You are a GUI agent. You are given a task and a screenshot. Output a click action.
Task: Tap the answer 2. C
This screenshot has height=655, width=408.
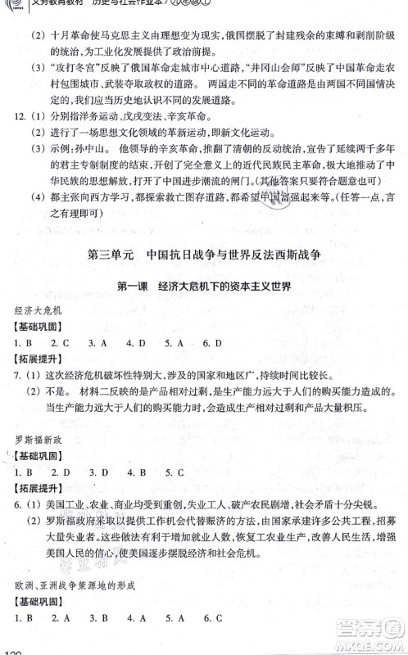pos(59,365)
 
